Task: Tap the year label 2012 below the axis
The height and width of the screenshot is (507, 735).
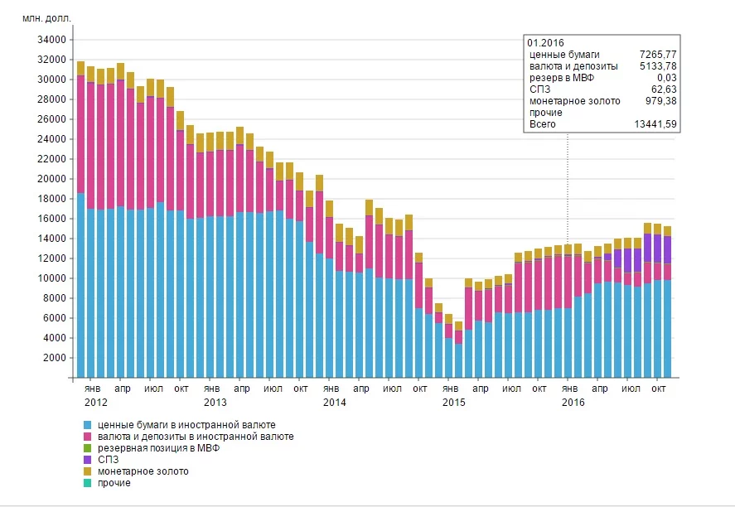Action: (x=96, y=403)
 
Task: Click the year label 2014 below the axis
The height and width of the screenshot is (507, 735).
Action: (x=335, y=403)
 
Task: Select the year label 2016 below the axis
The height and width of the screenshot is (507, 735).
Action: (x=573, y=403)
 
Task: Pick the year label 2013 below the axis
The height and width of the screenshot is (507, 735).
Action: (x=215, y=403)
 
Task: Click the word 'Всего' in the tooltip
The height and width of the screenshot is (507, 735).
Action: (x=543, y=124)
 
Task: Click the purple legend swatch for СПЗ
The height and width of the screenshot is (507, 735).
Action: (x=87, y=460)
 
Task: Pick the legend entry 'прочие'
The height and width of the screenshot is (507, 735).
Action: (x=114, y=483)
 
